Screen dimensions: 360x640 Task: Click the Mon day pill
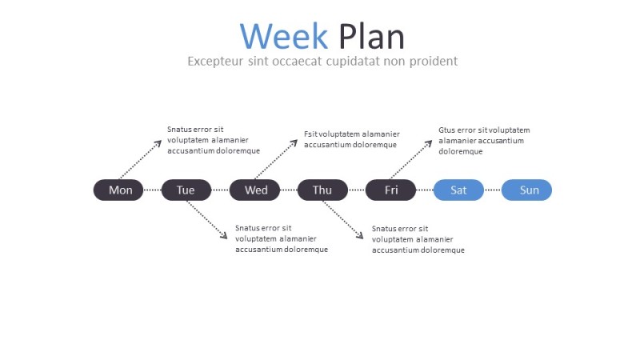pos(119,190)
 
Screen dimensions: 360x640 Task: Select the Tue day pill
pos(186,190)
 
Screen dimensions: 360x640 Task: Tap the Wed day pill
pos(255,190)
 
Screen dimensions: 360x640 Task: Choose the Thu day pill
pos(322,190)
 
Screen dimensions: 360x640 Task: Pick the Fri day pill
pos(390,190)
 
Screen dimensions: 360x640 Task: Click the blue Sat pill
pos(458,190)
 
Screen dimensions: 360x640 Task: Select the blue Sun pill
pos(527,190)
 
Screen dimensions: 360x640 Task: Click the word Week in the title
pos(284,37)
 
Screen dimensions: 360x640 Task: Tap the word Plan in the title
pos(371,37)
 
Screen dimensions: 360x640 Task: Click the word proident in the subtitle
pos(430,61)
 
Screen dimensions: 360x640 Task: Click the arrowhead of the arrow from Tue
pos(226,237)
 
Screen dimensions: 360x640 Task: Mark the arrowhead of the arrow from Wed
pos(294,141)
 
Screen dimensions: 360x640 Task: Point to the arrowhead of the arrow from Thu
pos(362,237)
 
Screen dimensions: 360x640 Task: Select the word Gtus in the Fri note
pos(446,130)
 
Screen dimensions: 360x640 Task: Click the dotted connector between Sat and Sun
pos(492,190)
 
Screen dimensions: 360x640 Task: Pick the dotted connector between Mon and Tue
pos(152,190)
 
